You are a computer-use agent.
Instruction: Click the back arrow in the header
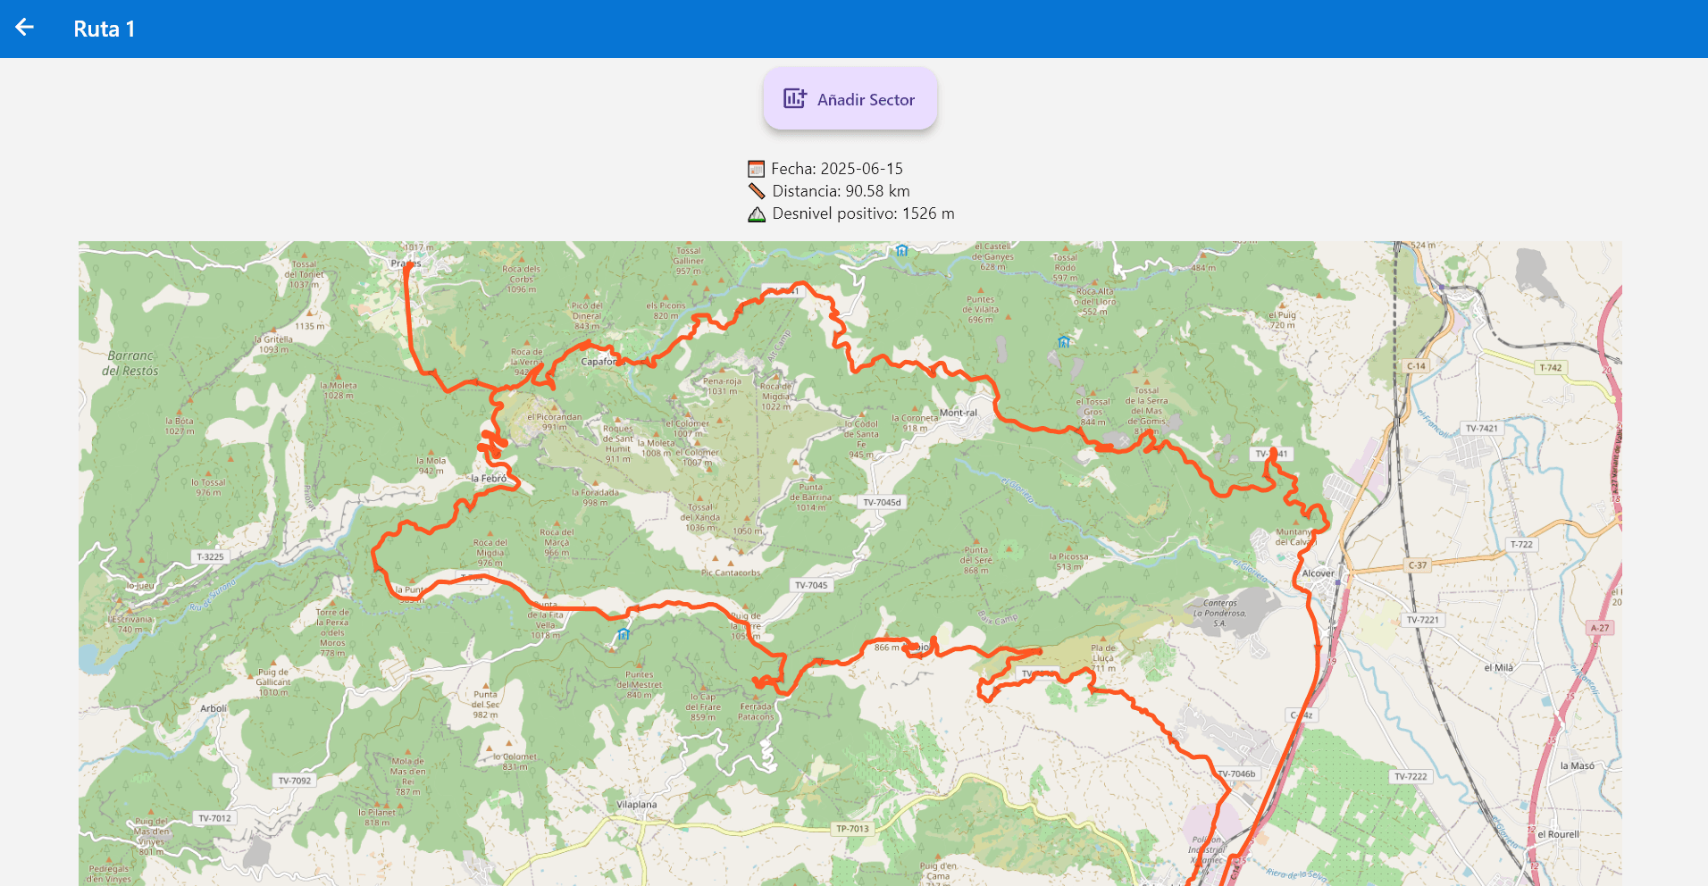coord(24,28)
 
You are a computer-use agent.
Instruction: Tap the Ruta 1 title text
coord(104,29)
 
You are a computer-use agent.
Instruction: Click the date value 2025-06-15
coord(861,169)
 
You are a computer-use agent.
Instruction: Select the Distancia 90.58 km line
coord(840,191)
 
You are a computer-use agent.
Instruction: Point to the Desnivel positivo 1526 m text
coord(862,213)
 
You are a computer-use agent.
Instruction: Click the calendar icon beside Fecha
coord(756,169)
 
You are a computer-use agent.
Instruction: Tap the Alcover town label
coord(1318,573)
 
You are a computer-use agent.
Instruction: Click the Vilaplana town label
coord(636,805)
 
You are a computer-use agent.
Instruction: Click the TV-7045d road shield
coord(882,502)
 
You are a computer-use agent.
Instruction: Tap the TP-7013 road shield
coord(851,829)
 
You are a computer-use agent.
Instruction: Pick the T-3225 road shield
coord(210,556)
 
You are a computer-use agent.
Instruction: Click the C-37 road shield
coord(1417,565)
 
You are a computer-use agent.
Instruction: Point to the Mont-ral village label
coord(958,413)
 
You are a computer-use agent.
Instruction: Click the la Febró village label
coord(489,479)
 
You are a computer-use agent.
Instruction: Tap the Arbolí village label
coord(213,708)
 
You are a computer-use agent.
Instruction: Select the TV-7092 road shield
coord(294,781)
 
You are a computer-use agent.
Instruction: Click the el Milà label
coord(1498,667)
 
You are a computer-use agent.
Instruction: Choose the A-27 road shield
coord(1599,628)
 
